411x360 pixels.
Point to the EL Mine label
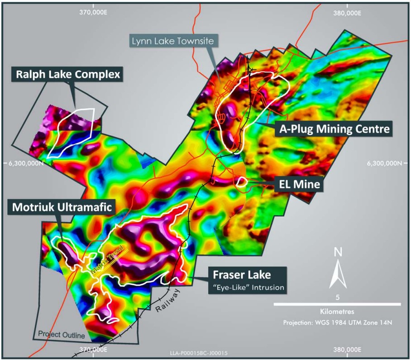[298, 184]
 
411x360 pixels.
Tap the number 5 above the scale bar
[338, 298]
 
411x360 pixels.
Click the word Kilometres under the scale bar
[338, 312]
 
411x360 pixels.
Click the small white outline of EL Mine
[242, 182]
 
